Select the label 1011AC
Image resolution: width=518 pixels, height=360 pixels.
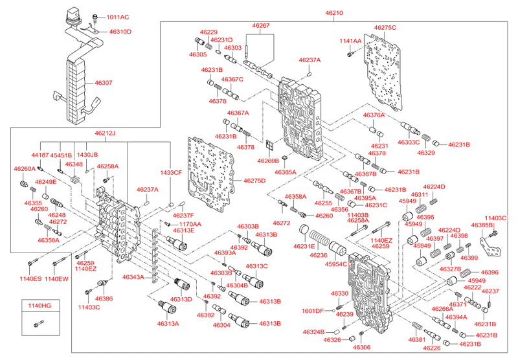[x=117, y=17]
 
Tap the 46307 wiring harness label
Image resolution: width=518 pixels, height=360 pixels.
[x=103, y=83]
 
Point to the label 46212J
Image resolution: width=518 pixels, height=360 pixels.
[x=104, y=133]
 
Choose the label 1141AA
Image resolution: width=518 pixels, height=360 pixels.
[x=350, y=41]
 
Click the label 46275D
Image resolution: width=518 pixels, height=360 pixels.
[x=254, y=180]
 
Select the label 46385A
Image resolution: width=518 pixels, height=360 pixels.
[x=285, y=173]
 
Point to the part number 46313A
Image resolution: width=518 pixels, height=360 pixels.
[x=168, y=323]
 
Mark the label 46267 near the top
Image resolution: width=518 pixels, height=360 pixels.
[x=261, y=26]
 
